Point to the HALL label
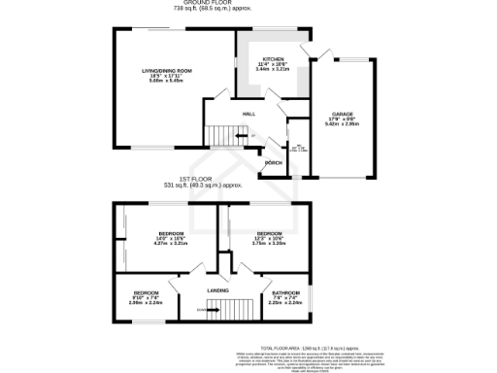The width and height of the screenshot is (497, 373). click(x=248, y=115)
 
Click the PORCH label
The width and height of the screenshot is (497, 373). click(x=274, y=162)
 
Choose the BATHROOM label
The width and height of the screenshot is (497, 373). click(x=285, y=292)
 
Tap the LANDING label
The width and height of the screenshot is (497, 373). click(x=216, y=290)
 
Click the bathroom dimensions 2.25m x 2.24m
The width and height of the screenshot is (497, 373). click(x=285, y=303)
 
